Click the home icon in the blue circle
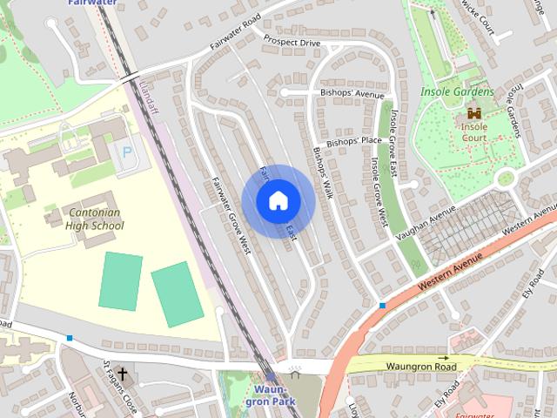coord(278,200)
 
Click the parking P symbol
coord(127,152)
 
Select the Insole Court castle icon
coord(474,113)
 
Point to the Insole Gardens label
coord(456,91)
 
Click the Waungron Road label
coord(421,367)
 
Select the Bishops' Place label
coord(354,141)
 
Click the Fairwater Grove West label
coord(231,215)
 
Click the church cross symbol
coord(122,375)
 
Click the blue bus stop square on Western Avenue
coord(382,305)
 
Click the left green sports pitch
coord(120,280)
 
